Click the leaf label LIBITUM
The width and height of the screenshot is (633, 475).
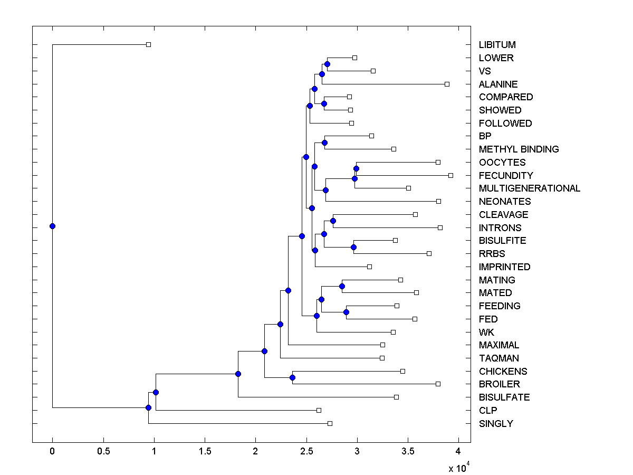497,45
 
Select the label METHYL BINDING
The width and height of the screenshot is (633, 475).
519,149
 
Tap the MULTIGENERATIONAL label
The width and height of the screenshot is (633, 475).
529,188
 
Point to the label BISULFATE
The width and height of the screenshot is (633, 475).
504,397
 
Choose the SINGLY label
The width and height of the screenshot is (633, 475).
495,424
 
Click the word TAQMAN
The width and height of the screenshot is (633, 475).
498,358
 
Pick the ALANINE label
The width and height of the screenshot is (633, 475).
498,84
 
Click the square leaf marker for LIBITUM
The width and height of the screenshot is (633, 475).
148,45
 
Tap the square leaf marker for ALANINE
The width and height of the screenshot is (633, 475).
447,84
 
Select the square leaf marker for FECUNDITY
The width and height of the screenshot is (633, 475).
450,175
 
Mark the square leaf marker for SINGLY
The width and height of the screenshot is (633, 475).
330,423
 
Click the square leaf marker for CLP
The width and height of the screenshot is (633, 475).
319,410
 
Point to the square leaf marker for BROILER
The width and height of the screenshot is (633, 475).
438,384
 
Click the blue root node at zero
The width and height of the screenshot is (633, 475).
52,226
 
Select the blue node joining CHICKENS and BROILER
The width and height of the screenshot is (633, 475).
292,377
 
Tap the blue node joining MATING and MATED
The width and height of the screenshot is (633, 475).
342,286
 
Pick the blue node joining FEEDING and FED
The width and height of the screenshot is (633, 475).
346,312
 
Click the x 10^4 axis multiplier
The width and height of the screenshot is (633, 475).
457,468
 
